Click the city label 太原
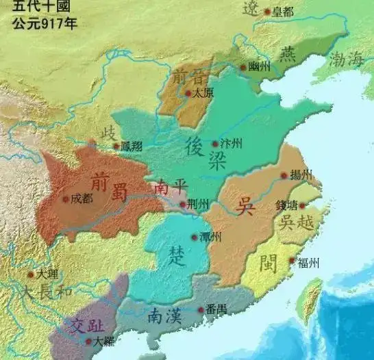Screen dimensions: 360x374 click(x=201, y=92)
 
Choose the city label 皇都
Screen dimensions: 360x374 click(x=282, y=12)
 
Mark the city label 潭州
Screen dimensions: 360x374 click(x=210, y=237)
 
